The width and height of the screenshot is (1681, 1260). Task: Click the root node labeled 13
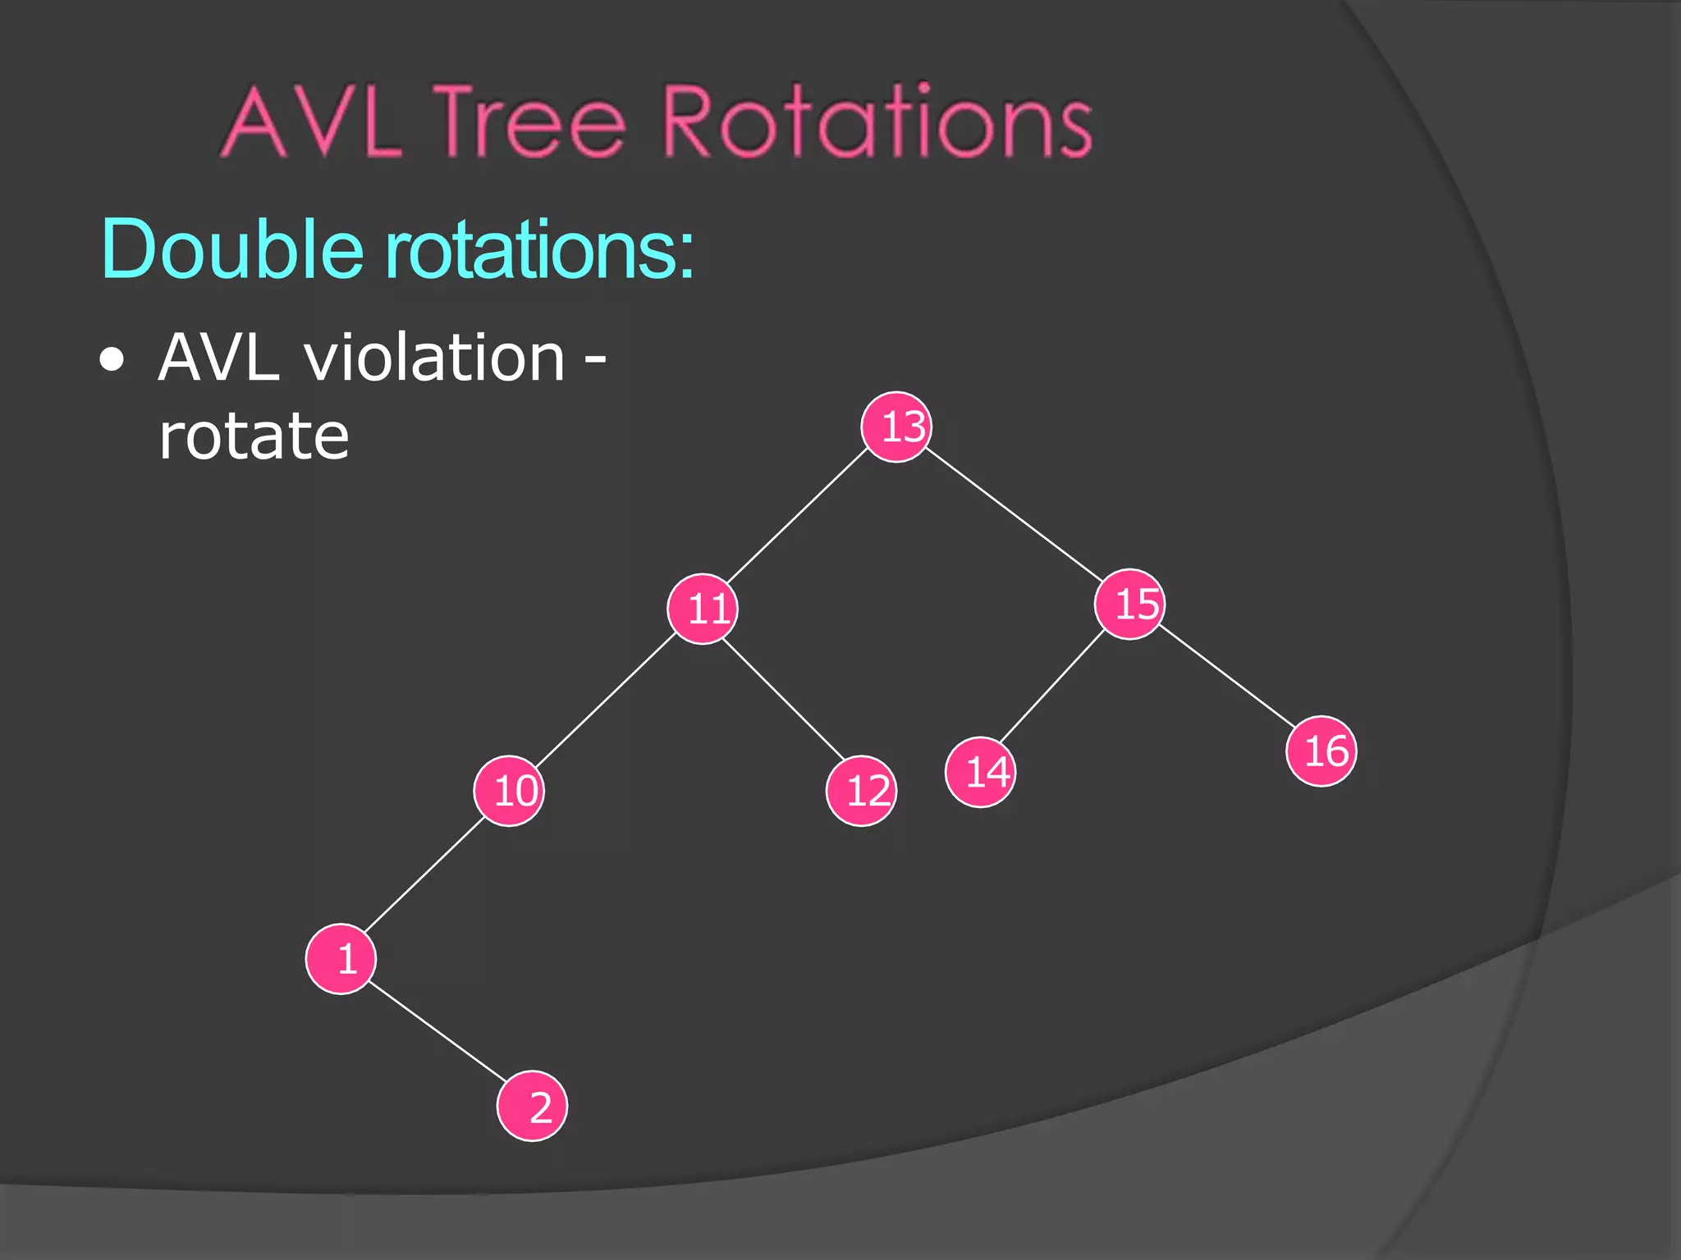coord(896,427)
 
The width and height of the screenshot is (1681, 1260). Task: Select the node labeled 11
coord(703,609)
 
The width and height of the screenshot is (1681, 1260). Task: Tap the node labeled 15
coord(1130,604)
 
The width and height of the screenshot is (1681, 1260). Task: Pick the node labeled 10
coord(509,791)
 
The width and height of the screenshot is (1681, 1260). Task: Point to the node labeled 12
coord(861,791)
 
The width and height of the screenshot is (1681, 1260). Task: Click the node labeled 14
coord(981,772)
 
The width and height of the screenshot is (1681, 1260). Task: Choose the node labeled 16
coord(1321,751)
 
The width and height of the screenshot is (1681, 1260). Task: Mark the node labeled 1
coord(341,958)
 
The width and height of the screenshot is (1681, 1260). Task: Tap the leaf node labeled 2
coord(532,1106)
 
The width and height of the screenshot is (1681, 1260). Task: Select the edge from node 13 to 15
coord(1015,515)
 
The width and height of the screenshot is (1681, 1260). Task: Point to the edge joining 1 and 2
coord(437,1032)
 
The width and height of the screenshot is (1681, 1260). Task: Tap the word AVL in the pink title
coord(312,123)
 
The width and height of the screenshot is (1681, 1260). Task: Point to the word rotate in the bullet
coord(254,436)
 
